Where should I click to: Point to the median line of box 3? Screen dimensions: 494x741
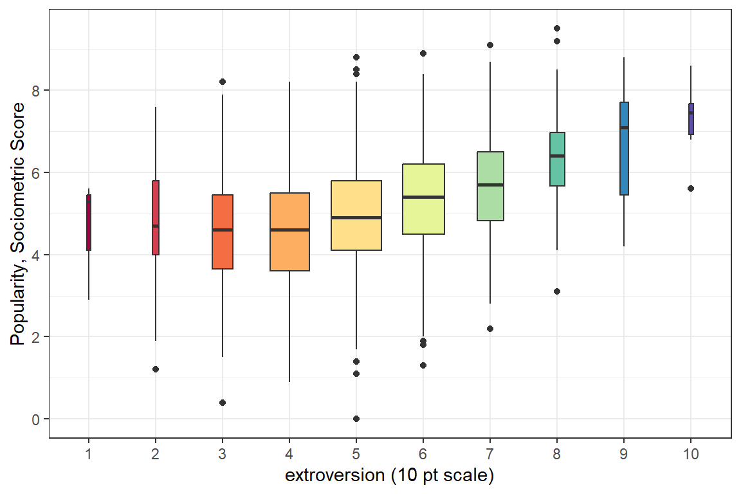223,230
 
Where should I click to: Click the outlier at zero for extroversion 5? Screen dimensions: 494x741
356,419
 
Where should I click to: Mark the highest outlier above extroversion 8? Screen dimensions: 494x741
557,28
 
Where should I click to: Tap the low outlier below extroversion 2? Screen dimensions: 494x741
156,369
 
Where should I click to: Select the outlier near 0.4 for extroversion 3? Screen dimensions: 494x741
223,403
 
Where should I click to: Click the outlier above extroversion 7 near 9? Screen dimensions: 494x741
490,45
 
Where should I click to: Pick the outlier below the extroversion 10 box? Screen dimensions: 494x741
691,188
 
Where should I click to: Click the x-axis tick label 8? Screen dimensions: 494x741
557,453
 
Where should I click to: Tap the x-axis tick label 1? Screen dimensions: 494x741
89,453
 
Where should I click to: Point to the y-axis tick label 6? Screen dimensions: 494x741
36,172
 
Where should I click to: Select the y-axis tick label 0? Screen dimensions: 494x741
36,419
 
